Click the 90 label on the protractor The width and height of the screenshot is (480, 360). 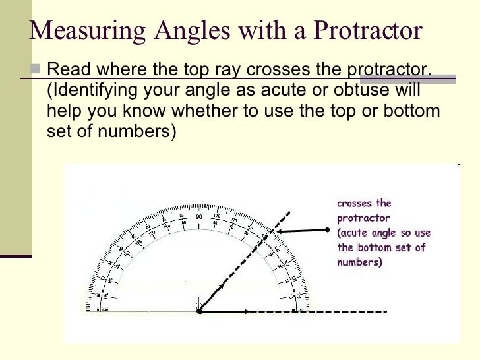199,217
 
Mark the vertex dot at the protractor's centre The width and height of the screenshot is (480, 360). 200,311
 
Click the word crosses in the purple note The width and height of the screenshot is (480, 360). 355,204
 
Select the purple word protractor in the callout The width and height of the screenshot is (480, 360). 363,218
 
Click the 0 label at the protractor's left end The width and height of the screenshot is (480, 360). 98,309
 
